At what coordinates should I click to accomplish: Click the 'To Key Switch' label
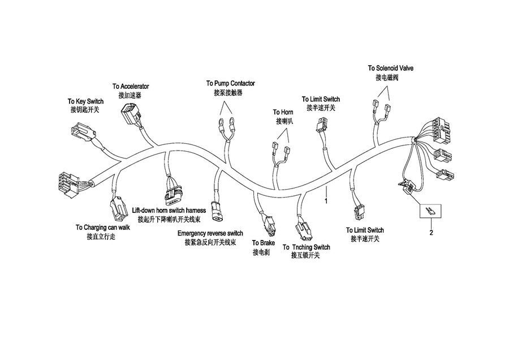pos(85,101)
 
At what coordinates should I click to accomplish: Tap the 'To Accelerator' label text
pos(131,87)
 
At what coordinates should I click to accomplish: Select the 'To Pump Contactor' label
pos(230,83)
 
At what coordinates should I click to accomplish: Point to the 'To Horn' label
pos(283,112)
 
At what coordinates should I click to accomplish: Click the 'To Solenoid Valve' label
pos(391,68)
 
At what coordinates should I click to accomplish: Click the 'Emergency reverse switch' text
pos(210,233)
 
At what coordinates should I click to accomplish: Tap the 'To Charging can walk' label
pos(103,228)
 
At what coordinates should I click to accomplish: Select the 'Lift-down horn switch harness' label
pos(169,210)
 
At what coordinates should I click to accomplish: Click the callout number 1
pos(326,200)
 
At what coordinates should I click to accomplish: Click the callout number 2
pos(431,233)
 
